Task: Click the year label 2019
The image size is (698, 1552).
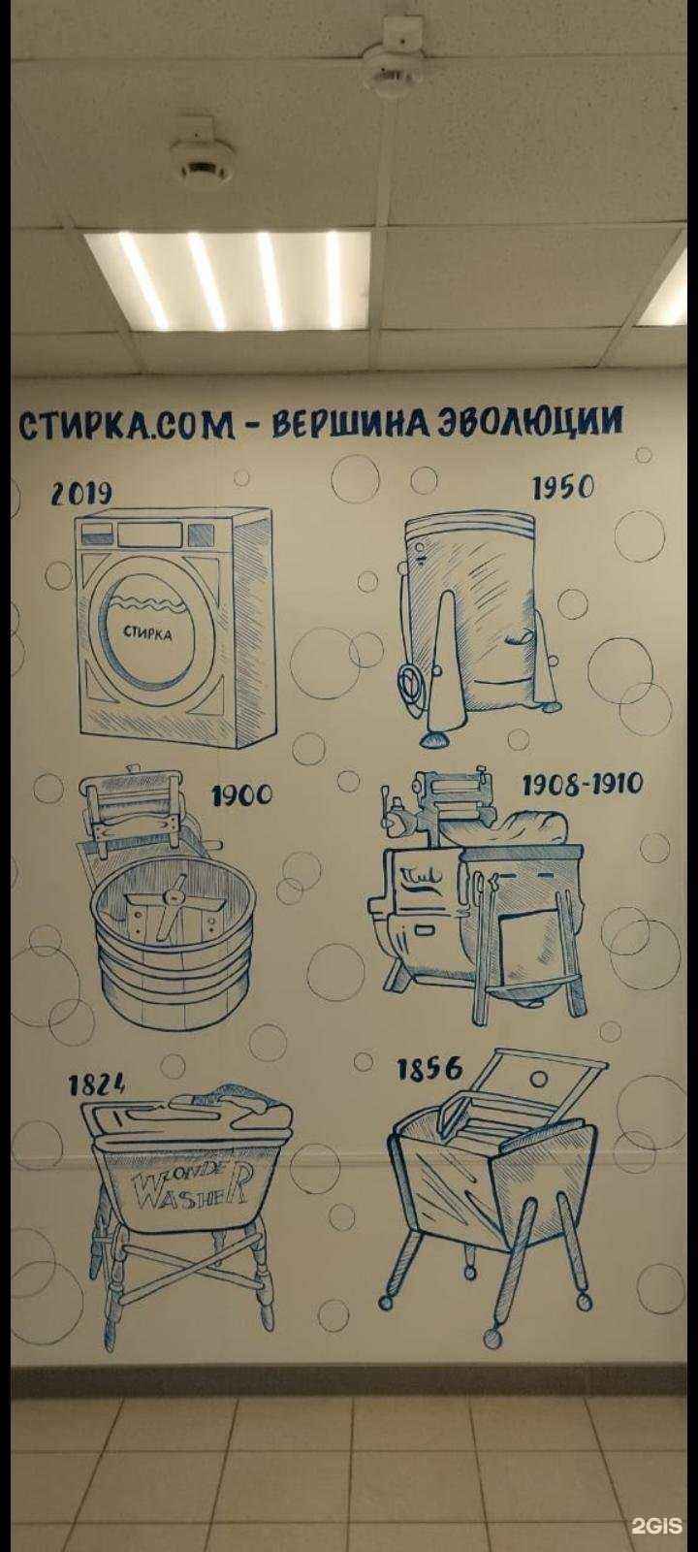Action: tap(81, 494)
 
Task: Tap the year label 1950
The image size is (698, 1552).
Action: tap(562, 488)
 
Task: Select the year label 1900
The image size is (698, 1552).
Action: tap(241, 796)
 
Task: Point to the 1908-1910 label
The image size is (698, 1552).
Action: tap(582, 785)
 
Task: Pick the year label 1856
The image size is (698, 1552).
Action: tap(430, 1071)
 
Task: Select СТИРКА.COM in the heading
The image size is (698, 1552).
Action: tap(125, 424)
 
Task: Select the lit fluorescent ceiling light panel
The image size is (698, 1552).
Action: tap(227, 282)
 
